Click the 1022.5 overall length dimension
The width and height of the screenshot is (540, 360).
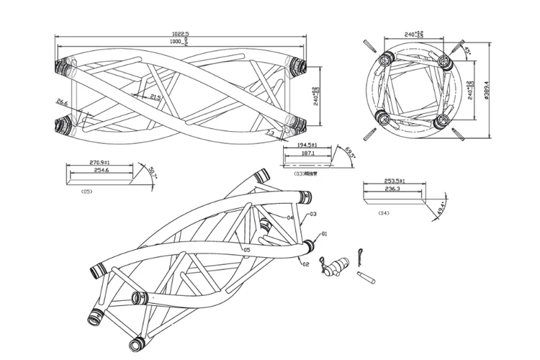(180, 34)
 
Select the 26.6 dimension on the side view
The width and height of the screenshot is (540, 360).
(61, 102)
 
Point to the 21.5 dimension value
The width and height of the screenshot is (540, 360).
(156, 96)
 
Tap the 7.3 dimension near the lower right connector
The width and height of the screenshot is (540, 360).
(269, 133)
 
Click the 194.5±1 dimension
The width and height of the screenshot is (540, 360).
(307, 145)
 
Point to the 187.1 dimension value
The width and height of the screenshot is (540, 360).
(307, 153)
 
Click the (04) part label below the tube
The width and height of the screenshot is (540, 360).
(383, 213)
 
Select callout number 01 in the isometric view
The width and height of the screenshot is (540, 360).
(323, 234)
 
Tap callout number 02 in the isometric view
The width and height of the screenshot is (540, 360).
(305, 265)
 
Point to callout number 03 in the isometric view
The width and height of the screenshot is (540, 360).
(313, 215)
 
